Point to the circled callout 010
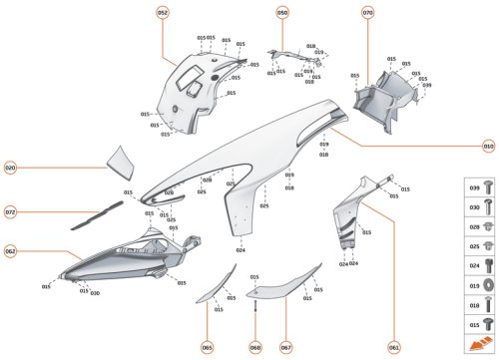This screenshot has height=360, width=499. pos(488,146)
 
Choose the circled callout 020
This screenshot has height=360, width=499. pos(11,169)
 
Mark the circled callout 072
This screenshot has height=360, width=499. pos(11,211)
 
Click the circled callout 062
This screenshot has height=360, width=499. pos(11,251)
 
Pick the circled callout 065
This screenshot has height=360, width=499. pos(207,347)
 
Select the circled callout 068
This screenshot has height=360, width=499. pos(255,347)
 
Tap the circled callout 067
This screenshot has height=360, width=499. pos(285,347)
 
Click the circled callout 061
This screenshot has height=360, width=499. pos(393,347)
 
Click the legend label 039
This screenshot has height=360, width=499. pos(474,187)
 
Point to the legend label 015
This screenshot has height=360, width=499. pos(474,325)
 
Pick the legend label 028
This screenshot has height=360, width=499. pos(474,226)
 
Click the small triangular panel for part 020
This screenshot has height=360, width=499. pos(123,158)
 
